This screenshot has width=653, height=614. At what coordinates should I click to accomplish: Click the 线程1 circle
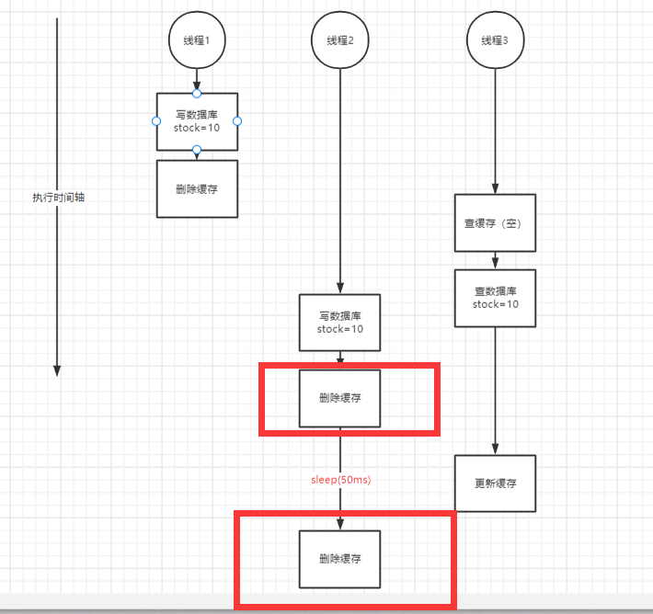click(197, 41)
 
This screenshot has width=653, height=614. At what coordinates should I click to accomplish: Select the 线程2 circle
click(340, 41)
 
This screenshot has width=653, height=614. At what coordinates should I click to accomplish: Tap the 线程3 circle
click(495, 41)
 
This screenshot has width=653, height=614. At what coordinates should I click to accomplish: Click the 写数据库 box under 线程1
click(197, 121)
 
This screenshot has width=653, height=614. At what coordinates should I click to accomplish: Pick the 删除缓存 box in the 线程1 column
click(197, 188)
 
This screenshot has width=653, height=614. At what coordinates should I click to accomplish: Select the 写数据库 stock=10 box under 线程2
click(340, 322)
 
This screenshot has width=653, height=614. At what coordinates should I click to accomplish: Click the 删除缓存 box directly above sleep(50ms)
click(340, 398)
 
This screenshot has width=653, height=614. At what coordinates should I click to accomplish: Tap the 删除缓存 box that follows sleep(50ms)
click(340, 559)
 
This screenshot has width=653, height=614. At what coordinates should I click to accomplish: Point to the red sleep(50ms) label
click(340, 480)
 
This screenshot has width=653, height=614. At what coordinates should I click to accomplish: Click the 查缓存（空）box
click(495, 222)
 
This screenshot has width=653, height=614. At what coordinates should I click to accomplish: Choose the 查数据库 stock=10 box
click(495, 298)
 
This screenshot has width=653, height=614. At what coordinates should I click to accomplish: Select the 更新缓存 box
click(495, 483)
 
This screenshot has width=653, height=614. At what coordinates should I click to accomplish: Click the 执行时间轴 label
click(58, 197)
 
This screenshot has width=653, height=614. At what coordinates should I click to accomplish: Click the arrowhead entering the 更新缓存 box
click(495, 449)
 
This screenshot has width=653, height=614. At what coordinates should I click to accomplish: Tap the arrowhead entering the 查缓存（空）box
click(495, 188)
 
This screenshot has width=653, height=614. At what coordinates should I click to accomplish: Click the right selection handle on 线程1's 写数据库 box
click(237, 121)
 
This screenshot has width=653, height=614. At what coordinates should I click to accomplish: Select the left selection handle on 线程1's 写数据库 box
click(156, 121)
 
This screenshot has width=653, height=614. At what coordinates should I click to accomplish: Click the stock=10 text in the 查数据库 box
click(495, 304)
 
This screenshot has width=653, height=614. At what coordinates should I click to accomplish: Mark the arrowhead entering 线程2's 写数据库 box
click(340, 288)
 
